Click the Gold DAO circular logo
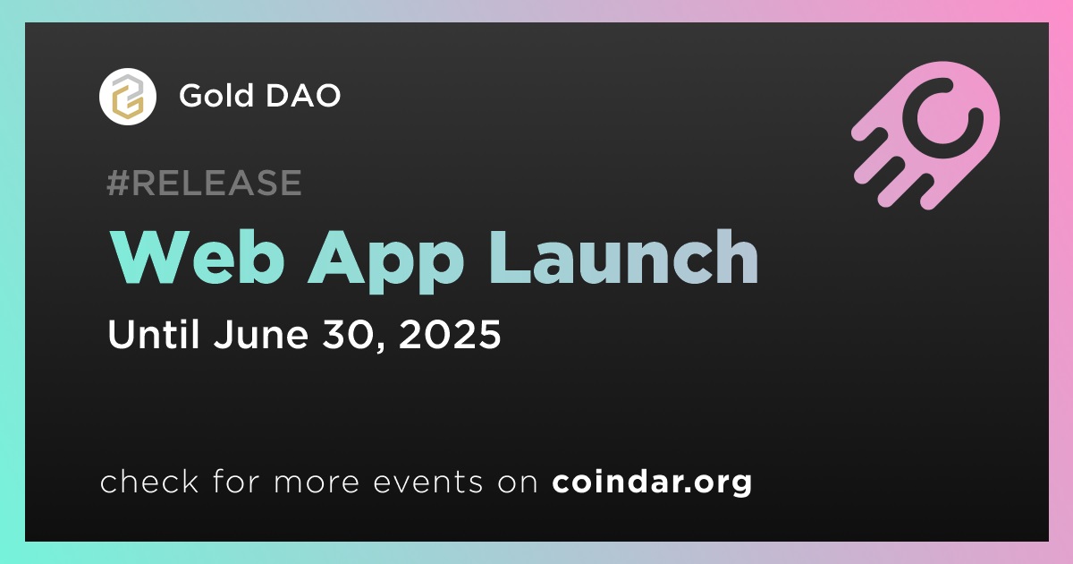127,97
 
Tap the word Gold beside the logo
216,95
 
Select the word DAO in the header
303,95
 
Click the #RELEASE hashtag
204,183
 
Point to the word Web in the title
198,257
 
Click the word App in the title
385,261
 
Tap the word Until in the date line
153,333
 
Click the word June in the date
261,333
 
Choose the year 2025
450,334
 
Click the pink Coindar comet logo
926,135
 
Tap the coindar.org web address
652,482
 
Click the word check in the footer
149,481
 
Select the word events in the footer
428,482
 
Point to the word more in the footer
317,483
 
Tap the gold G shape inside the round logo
129,103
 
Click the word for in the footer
236,481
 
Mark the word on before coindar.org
518,483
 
